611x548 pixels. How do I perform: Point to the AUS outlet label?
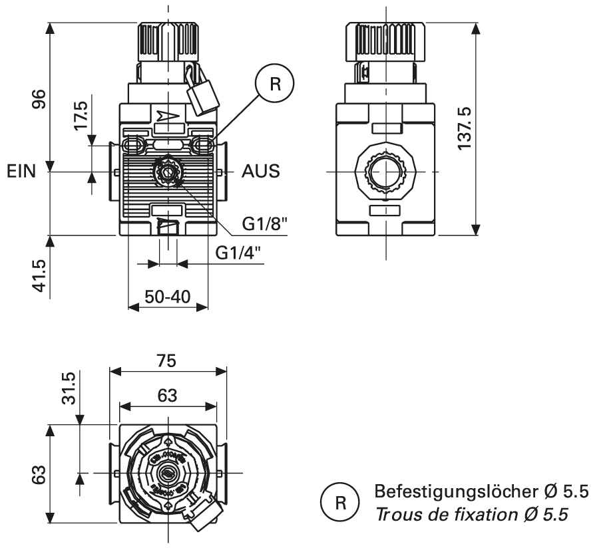pyautogui.click(x=260, y=172)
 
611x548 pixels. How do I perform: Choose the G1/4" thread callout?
pyautogui.click(x=238, y=253)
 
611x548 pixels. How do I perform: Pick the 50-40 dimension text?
pyautogui.click(x=167, y=297)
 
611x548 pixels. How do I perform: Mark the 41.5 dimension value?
pyautogui.click(x=40, y=275)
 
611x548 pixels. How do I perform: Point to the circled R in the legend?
pyautogui.click(x=337, y=502)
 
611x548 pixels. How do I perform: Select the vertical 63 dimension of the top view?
pyautogui.click(x=40, y=475)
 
